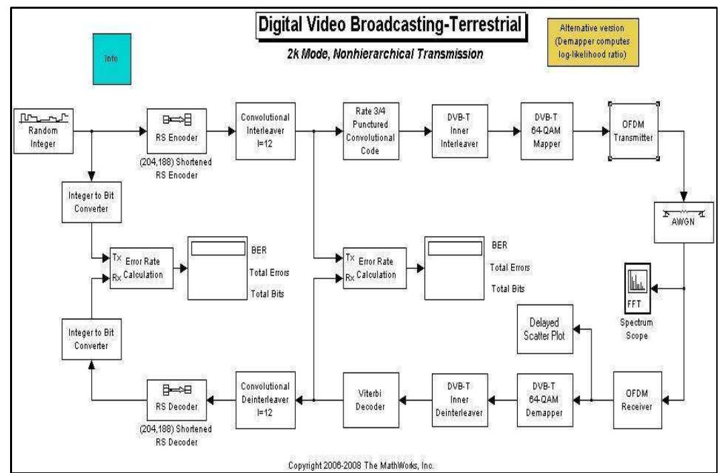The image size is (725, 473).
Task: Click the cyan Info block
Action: tap(112, 59)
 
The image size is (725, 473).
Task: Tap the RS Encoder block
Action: tap(176, 131)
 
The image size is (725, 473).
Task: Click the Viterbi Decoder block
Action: tap(371, 400)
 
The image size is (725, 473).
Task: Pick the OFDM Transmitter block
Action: tap(633, 131)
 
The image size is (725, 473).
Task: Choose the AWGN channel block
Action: tap(684, 222)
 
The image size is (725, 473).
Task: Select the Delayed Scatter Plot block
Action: tap(545, 329)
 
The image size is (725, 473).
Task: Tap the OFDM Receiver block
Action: tap(637, 400)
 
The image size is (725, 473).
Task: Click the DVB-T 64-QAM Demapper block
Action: tap(545, 400)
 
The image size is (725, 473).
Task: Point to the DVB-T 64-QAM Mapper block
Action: tap(547, 131)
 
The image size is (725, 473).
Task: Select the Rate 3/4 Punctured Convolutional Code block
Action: tap(371, 131)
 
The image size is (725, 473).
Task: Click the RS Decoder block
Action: tap(176, 401)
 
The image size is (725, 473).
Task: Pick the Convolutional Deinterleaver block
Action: tap(266, 400)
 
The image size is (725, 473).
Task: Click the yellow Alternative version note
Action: tap(593, 42)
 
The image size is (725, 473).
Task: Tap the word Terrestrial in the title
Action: tap(485, 25)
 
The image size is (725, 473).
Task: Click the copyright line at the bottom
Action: tap(361, 465)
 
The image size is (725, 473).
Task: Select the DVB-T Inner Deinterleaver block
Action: tap(459, 400)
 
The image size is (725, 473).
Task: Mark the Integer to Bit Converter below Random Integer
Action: tap(92, 202)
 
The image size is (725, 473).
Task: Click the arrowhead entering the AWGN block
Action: tap(684, 197)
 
